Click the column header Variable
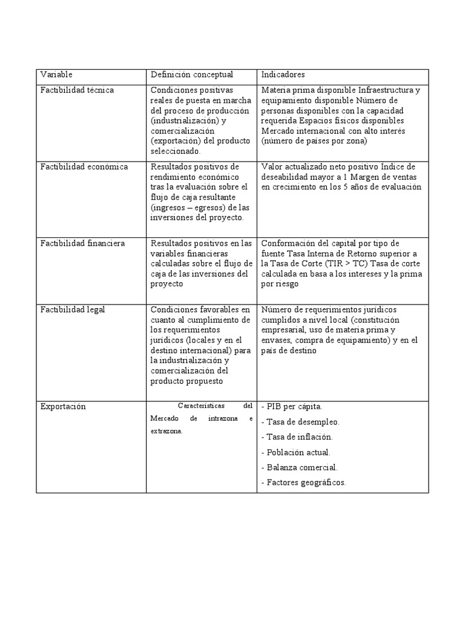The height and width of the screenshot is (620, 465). [56, 74]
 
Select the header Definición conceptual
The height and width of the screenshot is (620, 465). [191, 74]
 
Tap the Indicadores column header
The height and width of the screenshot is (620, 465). [283, 74]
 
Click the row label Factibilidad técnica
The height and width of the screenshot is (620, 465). [77, 90]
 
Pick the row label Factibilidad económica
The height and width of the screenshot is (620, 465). [84, 167]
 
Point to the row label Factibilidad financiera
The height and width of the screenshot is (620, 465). [83, 243]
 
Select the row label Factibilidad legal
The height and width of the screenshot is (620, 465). [73, 309]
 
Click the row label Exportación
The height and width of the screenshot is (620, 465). [63, 407]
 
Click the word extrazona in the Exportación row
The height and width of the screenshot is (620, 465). [166, 430]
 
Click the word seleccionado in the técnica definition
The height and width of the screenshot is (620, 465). [176, 151]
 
